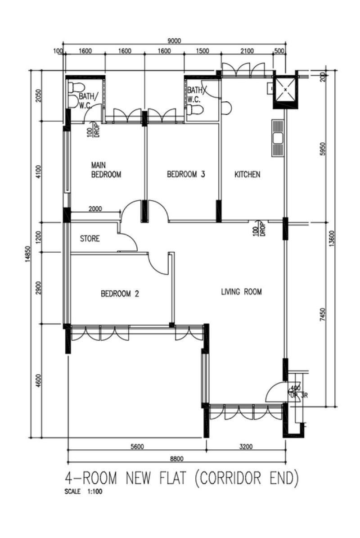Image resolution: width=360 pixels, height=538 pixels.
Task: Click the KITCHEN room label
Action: (x=247, y=174)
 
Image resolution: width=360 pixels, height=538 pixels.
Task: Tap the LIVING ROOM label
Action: (x=241, y=292)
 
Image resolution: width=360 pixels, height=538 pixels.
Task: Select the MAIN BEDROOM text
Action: (x=106, y=170)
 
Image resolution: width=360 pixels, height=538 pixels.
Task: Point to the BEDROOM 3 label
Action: (x=186, y=174)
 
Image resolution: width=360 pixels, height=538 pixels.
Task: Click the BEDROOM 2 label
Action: (x=120, y=294)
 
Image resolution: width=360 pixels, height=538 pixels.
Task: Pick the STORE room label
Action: (x=90, y=238)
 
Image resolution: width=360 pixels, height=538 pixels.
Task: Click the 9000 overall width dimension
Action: (x=174, y=41)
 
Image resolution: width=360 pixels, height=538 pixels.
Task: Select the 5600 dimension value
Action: (x=137, y=447)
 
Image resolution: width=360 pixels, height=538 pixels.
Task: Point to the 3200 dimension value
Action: (x=246, y=447)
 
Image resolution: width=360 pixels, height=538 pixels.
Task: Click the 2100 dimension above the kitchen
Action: (x=247, y=51)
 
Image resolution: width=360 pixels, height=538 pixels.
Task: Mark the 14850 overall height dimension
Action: (x=28, y=254)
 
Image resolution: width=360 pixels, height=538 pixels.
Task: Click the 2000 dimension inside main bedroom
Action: (x=95, y=208)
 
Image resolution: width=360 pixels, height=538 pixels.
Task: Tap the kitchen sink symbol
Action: (x=278, y=138)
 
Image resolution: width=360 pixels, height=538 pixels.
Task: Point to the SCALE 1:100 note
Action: (x=83, y=491)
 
